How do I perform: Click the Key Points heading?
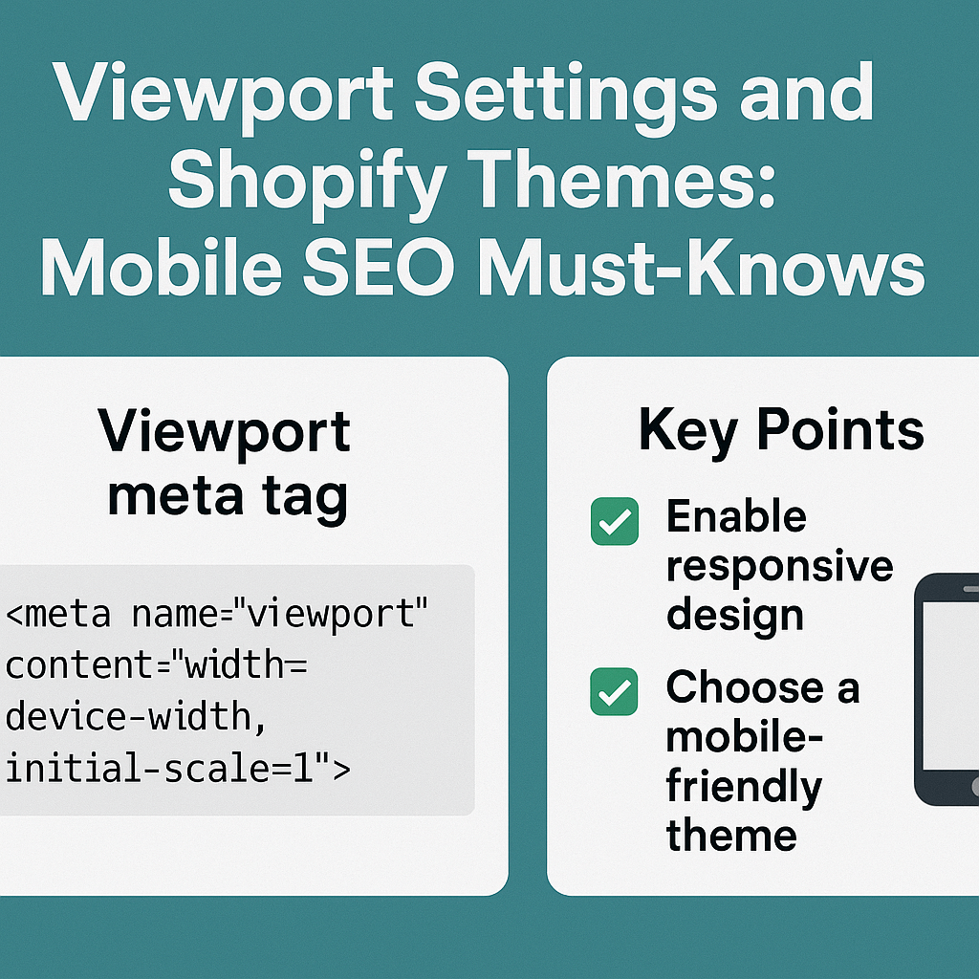[x=781, y=431]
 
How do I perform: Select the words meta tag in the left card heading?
[x=228, y=497]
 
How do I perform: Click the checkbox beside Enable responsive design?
[x=614, y=522]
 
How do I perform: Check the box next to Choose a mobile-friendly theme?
[x=614, y=691]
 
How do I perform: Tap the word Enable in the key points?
[x=736, y=517]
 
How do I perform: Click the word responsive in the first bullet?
[x=779, y=566]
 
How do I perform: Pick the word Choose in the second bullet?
[x=732, y=687]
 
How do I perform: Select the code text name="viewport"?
[x=278, y=614]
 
